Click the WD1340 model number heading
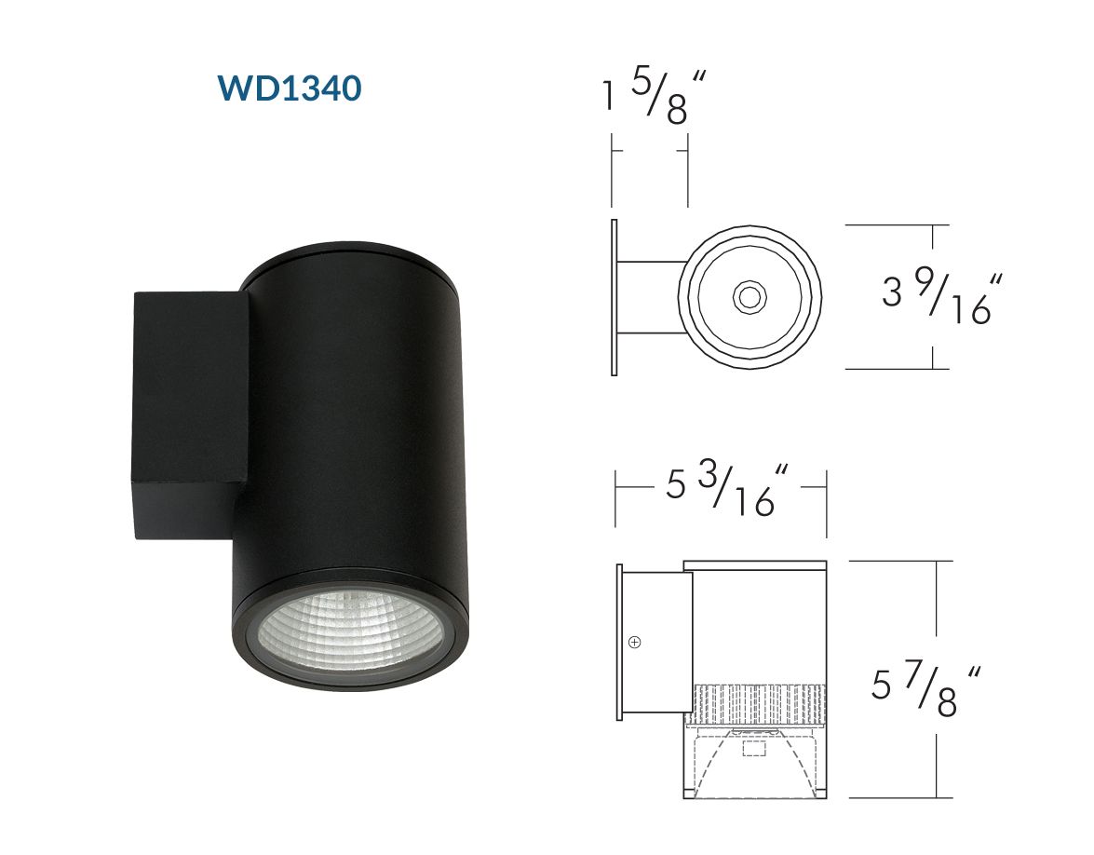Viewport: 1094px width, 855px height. coord(290,88)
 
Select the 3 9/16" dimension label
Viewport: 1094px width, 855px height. coord(942,299)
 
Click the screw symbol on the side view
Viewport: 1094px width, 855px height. coord(634,642)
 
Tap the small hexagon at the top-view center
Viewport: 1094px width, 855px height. coord(750,297)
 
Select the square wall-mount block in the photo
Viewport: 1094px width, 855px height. coord(191,415)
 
